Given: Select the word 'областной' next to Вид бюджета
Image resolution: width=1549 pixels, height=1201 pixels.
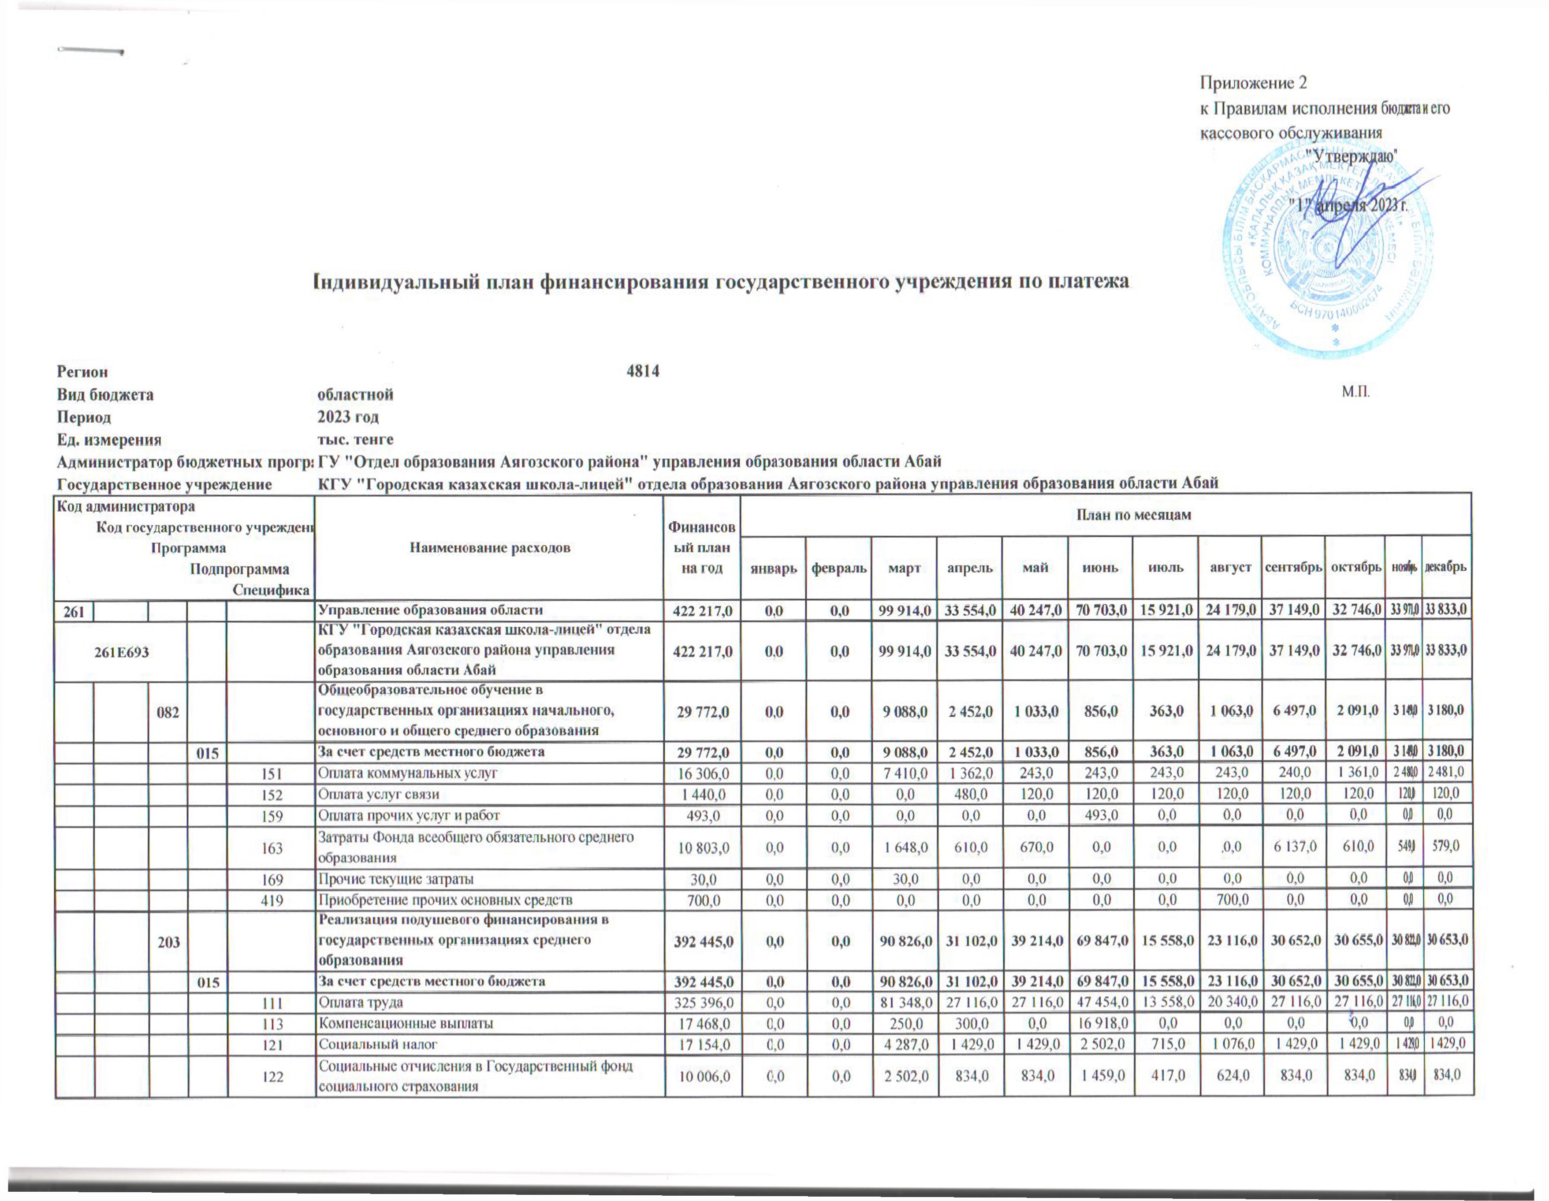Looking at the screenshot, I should (355, 394).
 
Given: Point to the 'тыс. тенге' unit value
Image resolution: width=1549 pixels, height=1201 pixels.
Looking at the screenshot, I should (355, 439).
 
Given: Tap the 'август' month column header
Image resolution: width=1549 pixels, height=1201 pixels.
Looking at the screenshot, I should (1230, 568).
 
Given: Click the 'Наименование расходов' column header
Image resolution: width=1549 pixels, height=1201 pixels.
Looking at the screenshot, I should (490, 548).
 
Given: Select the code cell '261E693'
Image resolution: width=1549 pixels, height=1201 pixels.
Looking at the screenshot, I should (122, 651).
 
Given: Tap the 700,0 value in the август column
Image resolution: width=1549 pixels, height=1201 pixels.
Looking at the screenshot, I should (1230, 900).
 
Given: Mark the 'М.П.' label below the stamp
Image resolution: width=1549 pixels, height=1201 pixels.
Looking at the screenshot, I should (1355, 392).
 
